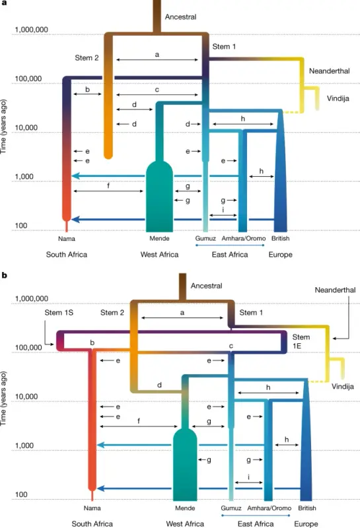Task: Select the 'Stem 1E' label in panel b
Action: coord(301,342)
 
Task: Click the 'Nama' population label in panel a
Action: coord(67,240)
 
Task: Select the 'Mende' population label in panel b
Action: coord(185,508)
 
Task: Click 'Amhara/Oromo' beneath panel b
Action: coord(269,508)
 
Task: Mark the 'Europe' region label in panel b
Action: coord(306,523)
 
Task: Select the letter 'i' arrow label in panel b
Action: coord(248,477)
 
